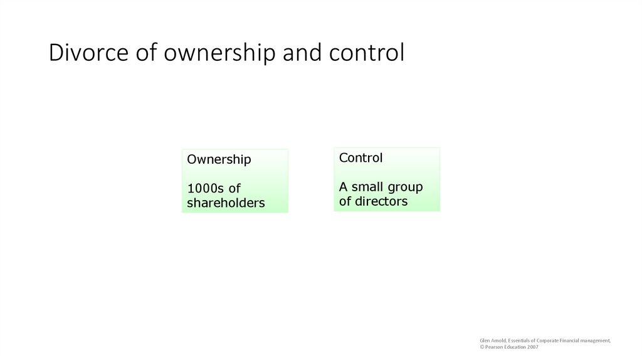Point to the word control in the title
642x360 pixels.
(367, 53)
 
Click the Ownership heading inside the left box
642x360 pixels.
(219, 159)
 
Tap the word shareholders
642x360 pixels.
(226, 203)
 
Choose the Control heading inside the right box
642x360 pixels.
(360, 158)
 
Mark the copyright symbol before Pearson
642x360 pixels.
(482, 347)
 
